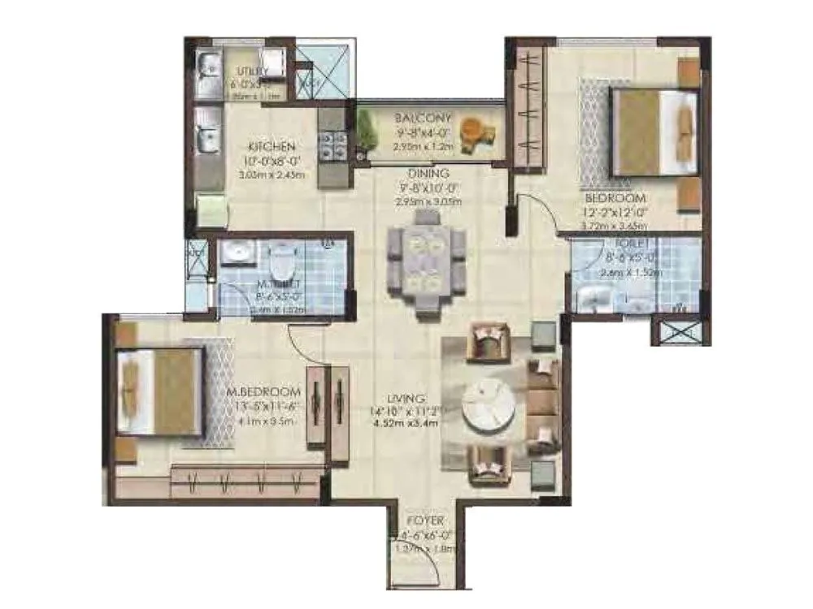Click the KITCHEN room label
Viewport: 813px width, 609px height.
coord(272,147)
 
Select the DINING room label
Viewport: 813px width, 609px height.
coord(429,173)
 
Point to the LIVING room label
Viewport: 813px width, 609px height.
coord(407,399)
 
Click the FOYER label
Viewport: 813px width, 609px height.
coord(425,520)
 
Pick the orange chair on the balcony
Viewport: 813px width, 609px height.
coord(472,132)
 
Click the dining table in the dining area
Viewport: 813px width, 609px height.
coord(427,261)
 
